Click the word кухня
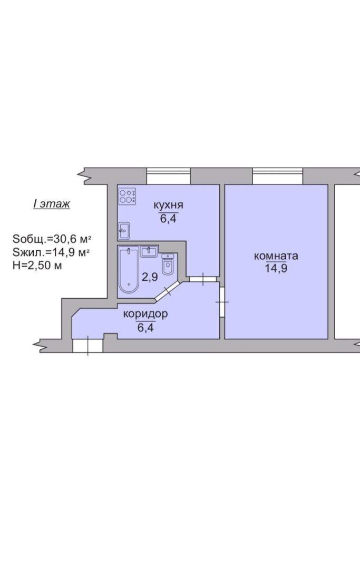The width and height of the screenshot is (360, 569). pyautogui.click(x=168, y=205)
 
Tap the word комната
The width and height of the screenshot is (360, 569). pyautogui.click(x=276, y=256)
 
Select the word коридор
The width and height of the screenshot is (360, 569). pyautogui.click(x=145, y=314)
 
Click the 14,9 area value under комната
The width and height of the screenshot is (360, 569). pyautogui.click(x=276, y=269)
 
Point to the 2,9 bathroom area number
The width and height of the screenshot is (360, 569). pyautogui.click(x=150, y=277)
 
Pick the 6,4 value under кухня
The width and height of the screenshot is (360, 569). pyautogui.click(x=168, y=219)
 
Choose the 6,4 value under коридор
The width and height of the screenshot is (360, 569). pyautogui.click(x=145, y=328)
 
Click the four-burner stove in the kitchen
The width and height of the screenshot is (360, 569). pyautogui.click(x=128, y=197)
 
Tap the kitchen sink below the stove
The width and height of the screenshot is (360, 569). pyautogui.click(x=124, y=230)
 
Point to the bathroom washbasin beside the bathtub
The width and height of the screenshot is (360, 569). pyautogui.click(x=149, y=251)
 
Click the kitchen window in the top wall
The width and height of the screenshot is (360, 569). pyautogui.click(x=168, y=176)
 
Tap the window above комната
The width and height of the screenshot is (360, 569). pyautogui.click(x=278, y=176)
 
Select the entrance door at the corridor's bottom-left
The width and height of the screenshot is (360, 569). pyautogui.click(x=88, y=346)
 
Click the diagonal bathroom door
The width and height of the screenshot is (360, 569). pyautogui.click(x=168, y=290)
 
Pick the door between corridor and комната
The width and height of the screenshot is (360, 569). pyautogui.click(x=222, y=302)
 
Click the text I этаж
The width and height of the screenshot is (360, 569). pyautogui.click(x=52, y=203)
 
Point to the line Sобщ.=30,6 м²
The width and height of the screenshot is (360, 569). pyautogui.click(x=52, y=239)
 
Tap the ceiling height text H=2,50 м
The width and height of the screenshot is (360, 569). pyautogui.click(x=37, y=265)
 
